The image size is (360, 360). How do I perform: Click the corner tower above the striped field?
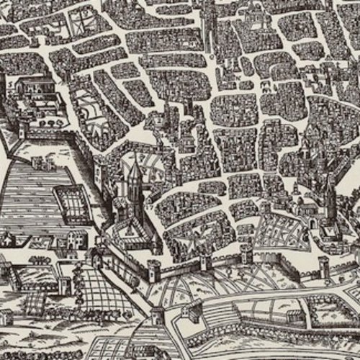(x=22, y=130)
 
